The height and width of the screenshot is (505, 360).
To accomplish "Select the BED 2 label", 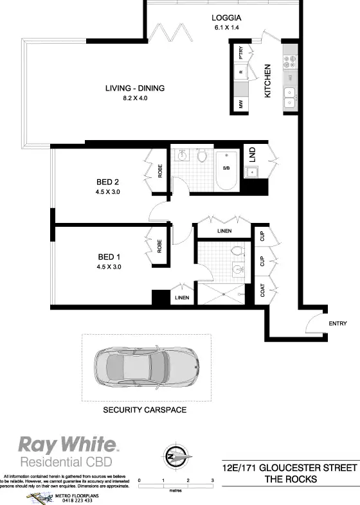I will [108, 181].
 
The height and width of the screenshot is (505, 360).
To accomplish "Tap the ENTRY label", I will [337, 323].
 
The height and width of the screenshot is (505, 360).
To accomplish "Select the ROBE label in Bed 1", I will [159, 245].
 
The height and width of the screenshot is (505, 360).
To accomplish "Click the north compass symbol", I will [175, 455].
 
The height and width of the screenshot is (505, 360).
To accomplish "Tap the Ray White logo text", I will [67, 444].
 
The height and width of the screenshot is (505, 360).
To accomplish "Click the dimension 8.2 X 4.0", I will [136, 99].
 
